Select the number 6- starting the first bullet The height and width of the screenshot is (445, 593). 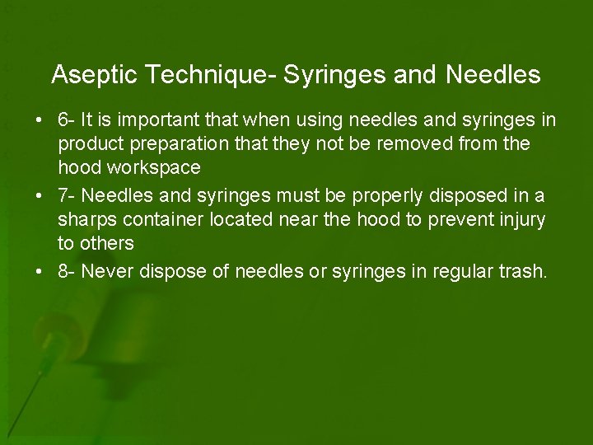click(67, 120)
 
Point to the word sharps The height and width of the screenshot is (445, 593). click(86, 221)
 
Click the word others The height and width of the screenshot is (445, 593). click(106, 244)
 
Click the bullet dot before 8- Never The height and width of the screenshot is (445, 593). click(40, 272)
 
